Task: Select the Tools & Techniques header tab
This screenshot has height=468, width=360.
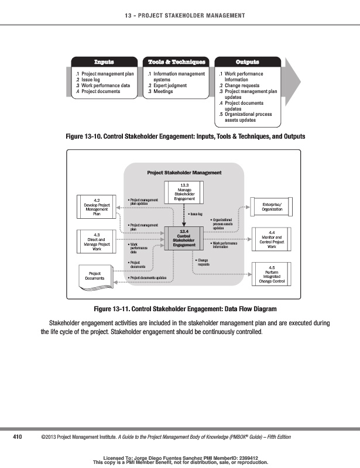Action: [177, 62]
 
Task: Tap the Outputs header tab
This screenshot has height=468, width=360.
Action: [247, 62]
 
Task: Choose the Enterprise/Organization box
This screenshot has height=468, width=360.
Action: [272, 206]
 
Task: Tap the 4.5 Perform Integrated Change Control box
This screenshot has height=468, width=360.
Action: [272, 274]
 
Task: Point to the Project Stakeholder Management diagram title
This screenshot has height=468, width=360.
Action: [184, 173]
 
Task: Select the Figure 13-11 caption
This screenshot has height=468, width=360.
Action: [185, 308]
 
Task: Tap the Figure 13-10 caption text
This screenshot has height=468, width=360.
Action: [186, 137]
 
